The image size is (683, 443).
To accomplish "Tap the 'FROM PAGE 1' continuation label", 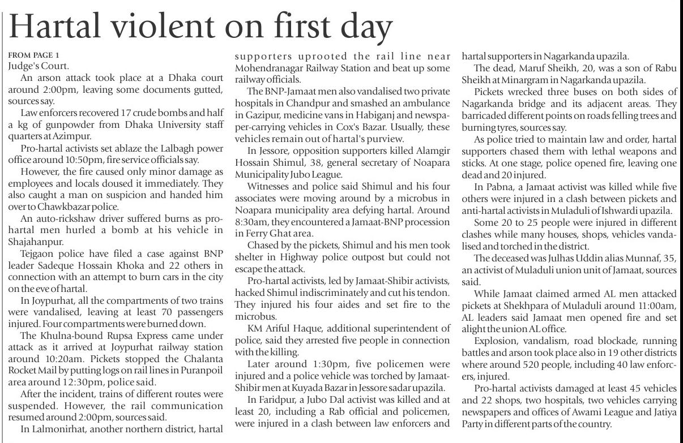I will coord(33,55).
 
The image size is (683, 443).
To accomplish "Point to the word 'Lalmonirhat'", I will coord(57,428).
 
